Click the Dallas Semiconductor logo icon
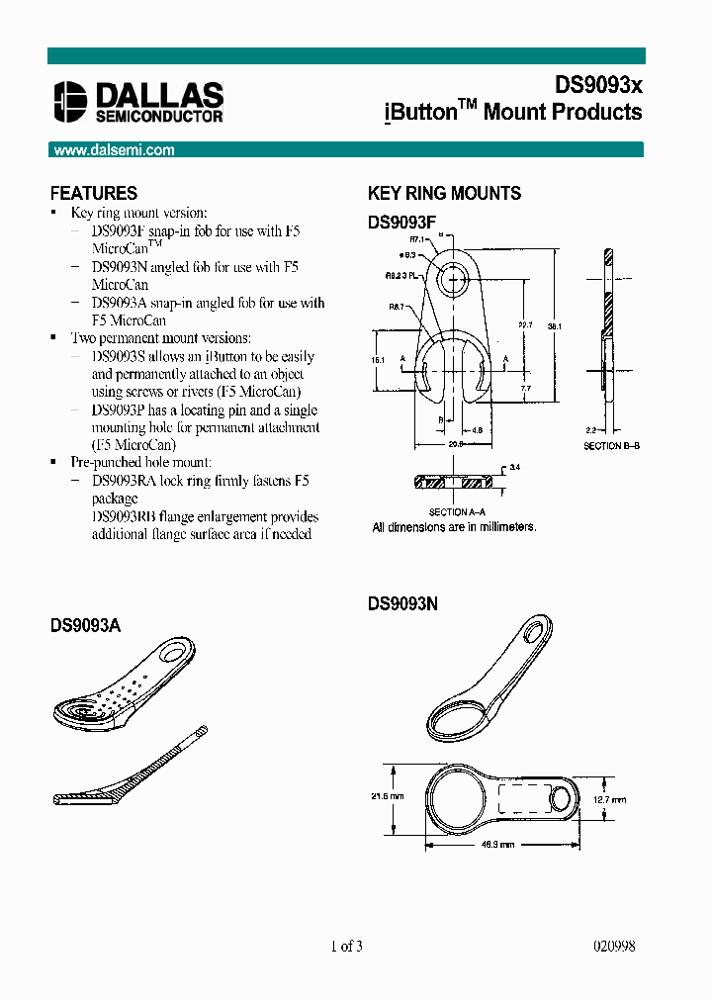point(71,101)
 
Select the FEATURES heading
point(94,193)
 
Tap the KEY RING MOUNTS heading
point(444,193)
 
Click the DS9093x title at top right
point(598,85)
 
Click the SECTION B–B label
point(612,447)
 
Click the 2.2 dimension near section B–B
point(590,430)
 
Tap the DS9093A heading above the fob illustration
point(85,625)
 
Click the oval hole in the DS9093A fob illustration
point(178,652)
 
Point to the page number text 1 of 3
point(346,947)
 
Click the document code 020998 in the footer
point(613,947)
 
